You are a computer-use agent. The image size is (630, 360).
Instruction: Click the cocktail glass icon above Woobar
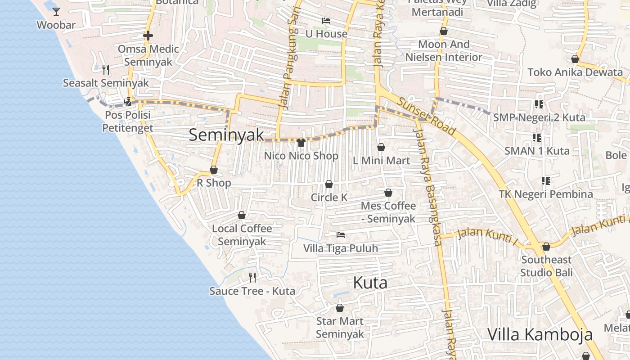click(56, 12)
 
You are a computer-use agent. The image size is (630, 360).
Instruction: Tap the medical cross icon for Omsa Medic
click(148, 36)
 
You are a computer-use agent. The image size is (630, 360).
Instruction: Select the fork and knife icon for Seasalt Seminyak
click(106, 69)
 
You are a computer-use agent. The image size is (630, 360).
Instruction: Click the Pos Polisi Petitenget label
click(128, 121)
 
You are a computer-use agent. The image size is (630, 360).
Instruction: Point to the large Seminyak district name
click(226, 135)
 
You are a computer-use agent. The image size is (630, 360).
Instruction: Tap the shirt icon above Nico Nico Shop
click(301, 143)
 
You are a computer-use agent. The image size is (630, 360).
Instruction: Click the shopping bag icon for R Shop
click(214, 170)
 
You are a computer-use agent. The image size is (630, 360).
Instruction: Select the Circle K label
click(329, 198)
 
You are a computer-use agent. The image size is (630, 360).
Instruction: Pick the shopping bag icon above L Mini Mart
click(381, 147)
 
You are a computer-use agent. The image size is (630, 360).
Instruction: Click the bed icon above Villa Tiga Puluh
click(341, 235)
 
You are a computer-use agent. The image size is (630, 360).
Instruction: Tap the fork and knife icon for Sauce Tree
click(252, 277)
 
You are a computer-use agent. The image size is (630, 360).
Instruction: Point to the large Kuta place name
click(370, 283)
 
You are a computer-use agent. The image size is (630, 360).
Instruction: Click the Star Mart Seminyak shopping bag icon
click(340, 308)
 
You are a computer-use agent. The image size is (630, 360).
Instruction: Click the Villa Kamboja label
click(540, 335)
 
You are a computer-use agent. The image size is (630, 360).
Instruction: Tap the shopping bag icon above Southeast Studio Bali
click(546, 247)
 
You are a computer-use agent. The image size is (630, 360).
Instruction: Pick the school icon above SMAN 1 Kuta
click(536, 137)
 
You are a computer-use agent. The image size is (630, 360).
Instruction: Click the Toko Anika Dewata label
click(575, 72)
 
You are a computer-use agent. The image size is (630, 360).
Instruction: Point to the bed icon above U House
click(326, 21)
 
